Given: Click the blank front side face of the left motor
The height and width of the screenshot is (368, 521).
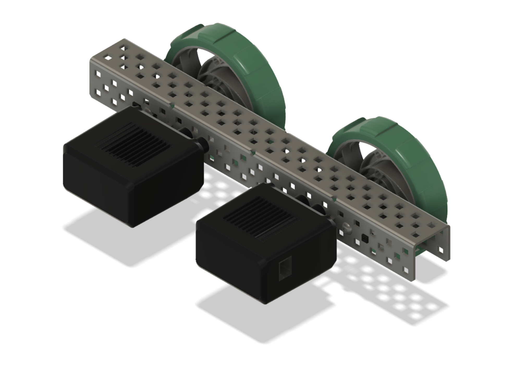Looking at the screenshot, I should [x=169, y=201].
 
